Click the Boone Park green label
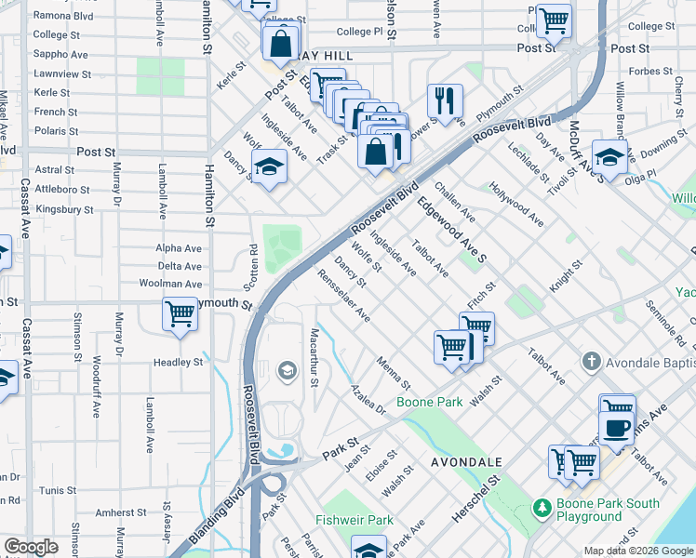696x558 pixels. click(429, 403)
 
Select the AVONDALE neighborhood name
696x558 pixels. click(466, 461)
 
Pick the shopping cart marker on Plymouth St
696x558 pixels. click(180, 313)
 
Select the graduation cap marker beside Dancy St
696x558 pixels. click(268, 166)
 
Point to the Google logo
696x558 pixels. click(32, 547)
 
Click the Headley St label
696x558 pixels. click(184, 362)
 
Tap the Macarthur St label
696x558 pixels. click(315, 357)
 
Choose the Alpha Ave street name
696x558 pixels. click(179, 248)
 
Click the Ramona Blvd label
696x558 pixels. click(62, 17)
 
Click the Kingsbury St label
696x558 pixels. click(63, 210)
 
